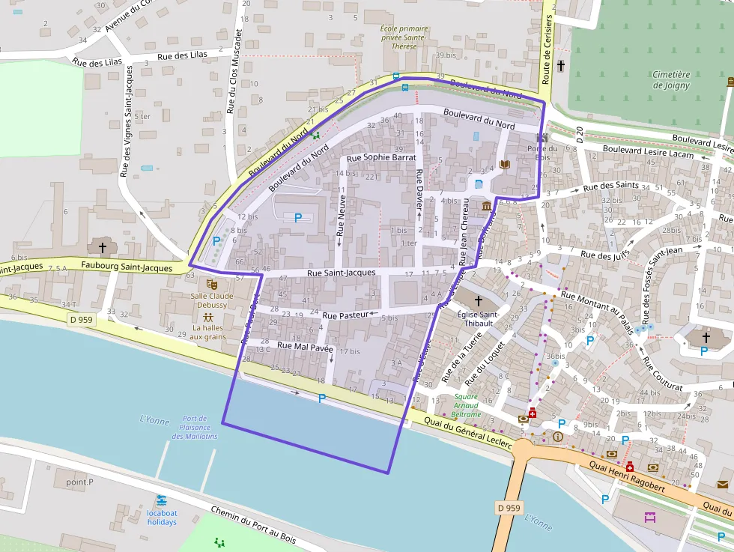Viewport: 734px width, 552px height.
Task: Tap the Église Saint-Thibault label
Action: [479, 319]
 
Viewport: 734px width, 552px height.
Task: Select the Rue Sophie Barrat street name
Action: [382, 158]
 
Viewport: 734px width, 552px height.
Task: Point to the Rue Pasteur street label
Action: [347, 315]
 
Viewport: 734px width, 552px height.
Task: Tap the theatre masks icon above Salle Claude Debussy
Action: [212, 285]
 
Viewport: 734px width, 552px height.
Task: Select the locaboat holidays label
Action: [162, 518]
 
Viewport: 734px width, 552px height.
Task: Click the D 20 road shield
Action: [580, 135]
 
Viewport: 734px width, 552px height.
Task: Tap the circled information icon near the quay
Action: [557, 436]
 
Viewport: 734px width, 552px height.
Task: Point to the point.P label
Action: [80, 482]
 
